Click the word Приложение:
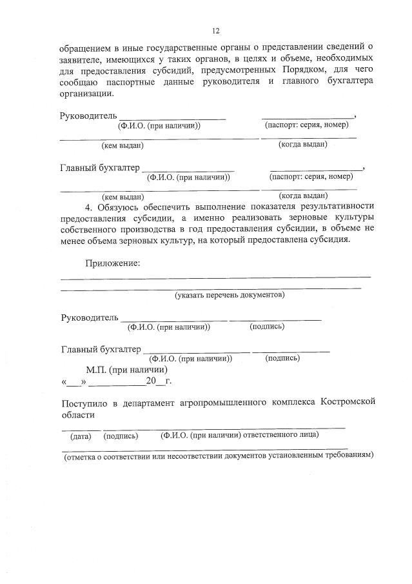pyautogui.click(x=113, y=263)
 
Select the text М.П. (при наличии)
pyautogui.click(x=127, y=370)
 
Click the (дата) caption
pyautogui.click(x=81, y=436)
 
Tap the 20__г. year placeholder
pyautogui.click(x=157, y=381)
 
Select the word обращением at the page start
pyautogui.click(x=84, y=47)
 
